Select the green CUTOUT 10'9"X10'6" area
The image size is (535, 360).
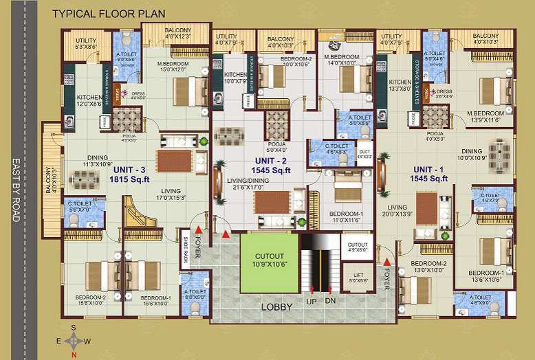[267, 260]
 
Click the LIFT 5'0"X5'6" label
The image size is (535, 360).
[358, 278]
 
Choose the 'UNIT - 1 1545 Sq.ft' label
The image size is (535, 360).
[430, 173]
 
